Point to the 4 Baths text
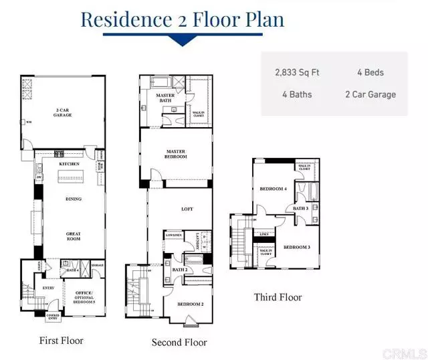298,94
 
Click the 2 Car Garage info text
370,94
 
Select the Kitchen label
69,164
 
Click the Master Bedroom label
175,155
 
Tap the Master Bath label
165,99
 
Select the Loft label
187,209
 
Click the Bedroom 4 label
274,189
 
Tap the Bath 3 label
301,208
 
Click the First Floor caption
61,341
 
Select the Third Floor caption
278,297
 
